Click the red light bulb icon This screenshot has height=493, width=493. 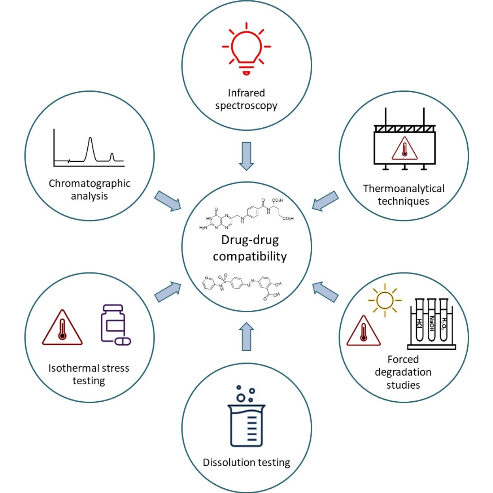coord(246,48)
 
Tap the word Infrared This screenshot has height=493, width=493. coord(246,93)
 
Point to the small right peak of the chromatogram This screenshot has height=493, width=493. coord(112,157)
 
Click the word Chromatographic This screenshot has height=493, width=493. coord(89,183)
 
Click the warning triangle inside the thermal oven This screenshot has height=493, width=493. coord(404,149)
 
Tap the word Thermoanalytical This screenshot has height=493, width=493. coord(404,189)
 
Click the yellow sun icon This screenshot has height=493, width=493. coord(384,300)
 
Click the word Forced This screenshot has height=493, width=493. coord(403,359)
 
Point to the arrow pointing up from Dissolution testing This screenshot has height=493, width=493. coord(246,336)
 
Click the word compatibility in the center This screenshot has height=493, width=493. coord(250,257)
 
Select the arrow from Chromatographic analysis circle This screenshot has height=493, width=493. coord(168,201)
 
